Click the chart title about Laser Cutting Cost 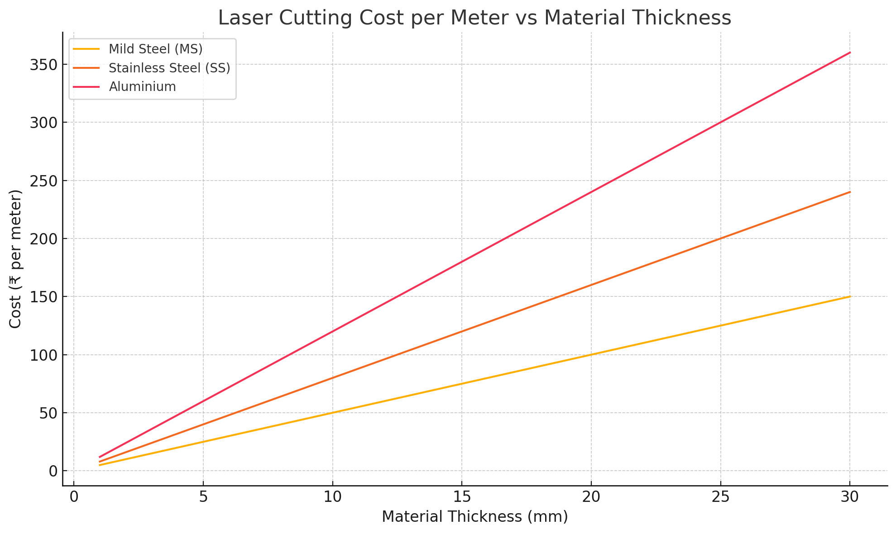pos(474,18)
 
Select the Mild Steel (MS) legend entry pos(156,49)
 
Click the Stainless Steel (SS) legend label pos(169,68)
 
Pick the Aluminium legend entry pos(142,86)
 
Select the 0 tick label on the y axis pos(53,471)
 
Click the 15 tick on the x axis pos(461,497)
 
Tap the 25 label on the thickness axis pos(720,497)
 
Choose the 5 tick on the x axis pos(203,497)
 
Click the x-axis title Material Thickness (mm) pos(474,517)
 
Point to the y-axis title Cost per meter pos(15,259)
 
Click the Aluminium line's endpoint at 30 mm pos(849,52)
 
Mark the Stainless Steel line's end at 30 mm pos(849,192)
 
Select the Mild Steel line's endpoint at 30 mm pos(849,296)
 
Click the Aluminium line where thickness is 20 pos(591,192)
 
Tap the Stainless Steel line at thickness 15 pos(461,331)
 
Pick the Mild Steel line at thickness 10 pos(332,413)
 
